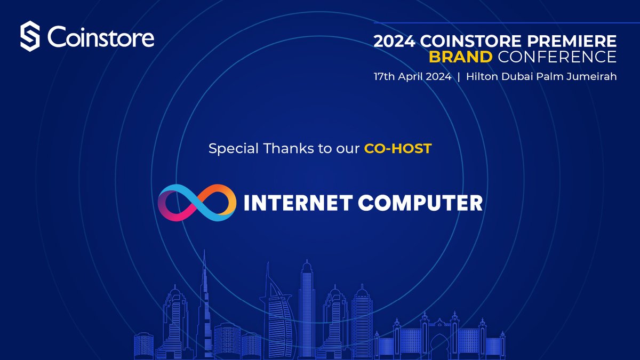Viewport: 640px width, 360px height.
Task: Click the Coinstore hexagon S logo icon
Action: click(x=30, y=37)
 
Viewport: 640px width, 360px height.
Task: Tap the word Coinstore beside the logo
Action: click(x=101, y=37)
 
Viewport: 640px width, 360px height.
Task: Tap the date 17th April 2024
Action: click(x=412, y=76)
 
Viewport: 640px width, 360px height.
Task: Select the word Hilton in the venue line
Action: click(x=482, y=76)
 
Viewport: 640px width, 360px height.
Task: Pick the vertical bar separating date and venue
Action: click(x=458, y=76)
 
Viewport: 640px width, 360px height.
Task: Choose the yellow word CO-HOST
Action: click(x=397, y=149)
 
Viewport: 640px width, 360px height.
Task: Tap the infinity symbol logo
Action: click(x=197, y=203)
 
